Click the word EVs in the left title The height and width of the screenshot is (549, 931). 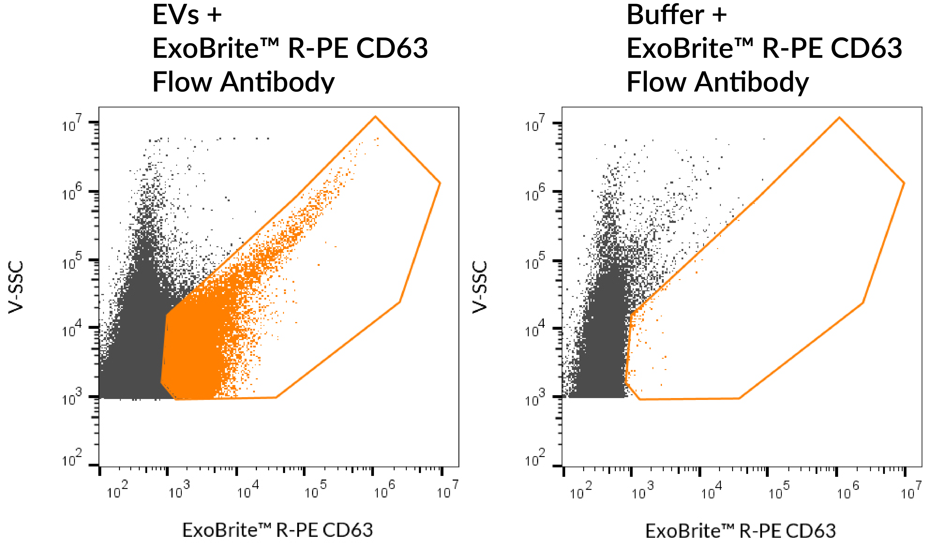click(x=175, y=16)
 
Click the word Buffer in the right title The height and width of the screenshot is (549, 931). click(x=665, y=16)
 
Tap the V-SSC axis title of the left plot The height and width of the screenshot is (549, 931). click(x=16, y=287)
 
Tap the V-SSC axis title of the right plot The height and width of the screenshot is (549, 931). click(x=480, y=287)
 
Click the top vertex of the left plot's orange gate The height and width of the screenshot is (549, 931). click(x=375, y=117)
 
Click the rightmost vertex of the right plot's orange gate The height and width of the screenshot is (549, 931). click(x=904, y=183)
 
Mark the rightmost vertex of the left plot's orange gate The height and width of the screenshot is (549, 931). click(x=440, y=183)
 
